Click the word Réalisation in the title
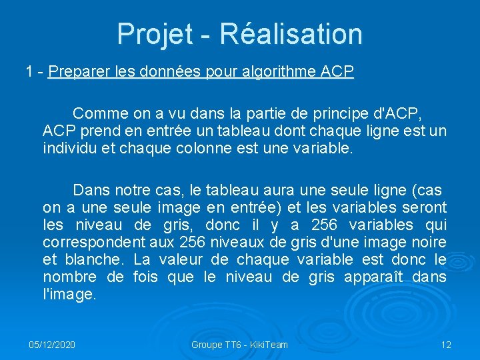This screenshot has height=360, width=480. pos(291,34)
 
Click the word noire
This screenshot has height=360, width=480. pos(429,242)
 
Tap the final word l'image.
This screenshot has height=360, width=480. pos(69,294)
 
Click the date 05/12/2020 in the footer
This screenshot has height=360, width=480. pos(51,345)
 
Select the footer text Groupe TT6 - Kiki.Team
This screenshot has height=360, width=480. pos(239,345)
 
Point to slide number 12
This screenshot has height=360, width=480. pos(446,345)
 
